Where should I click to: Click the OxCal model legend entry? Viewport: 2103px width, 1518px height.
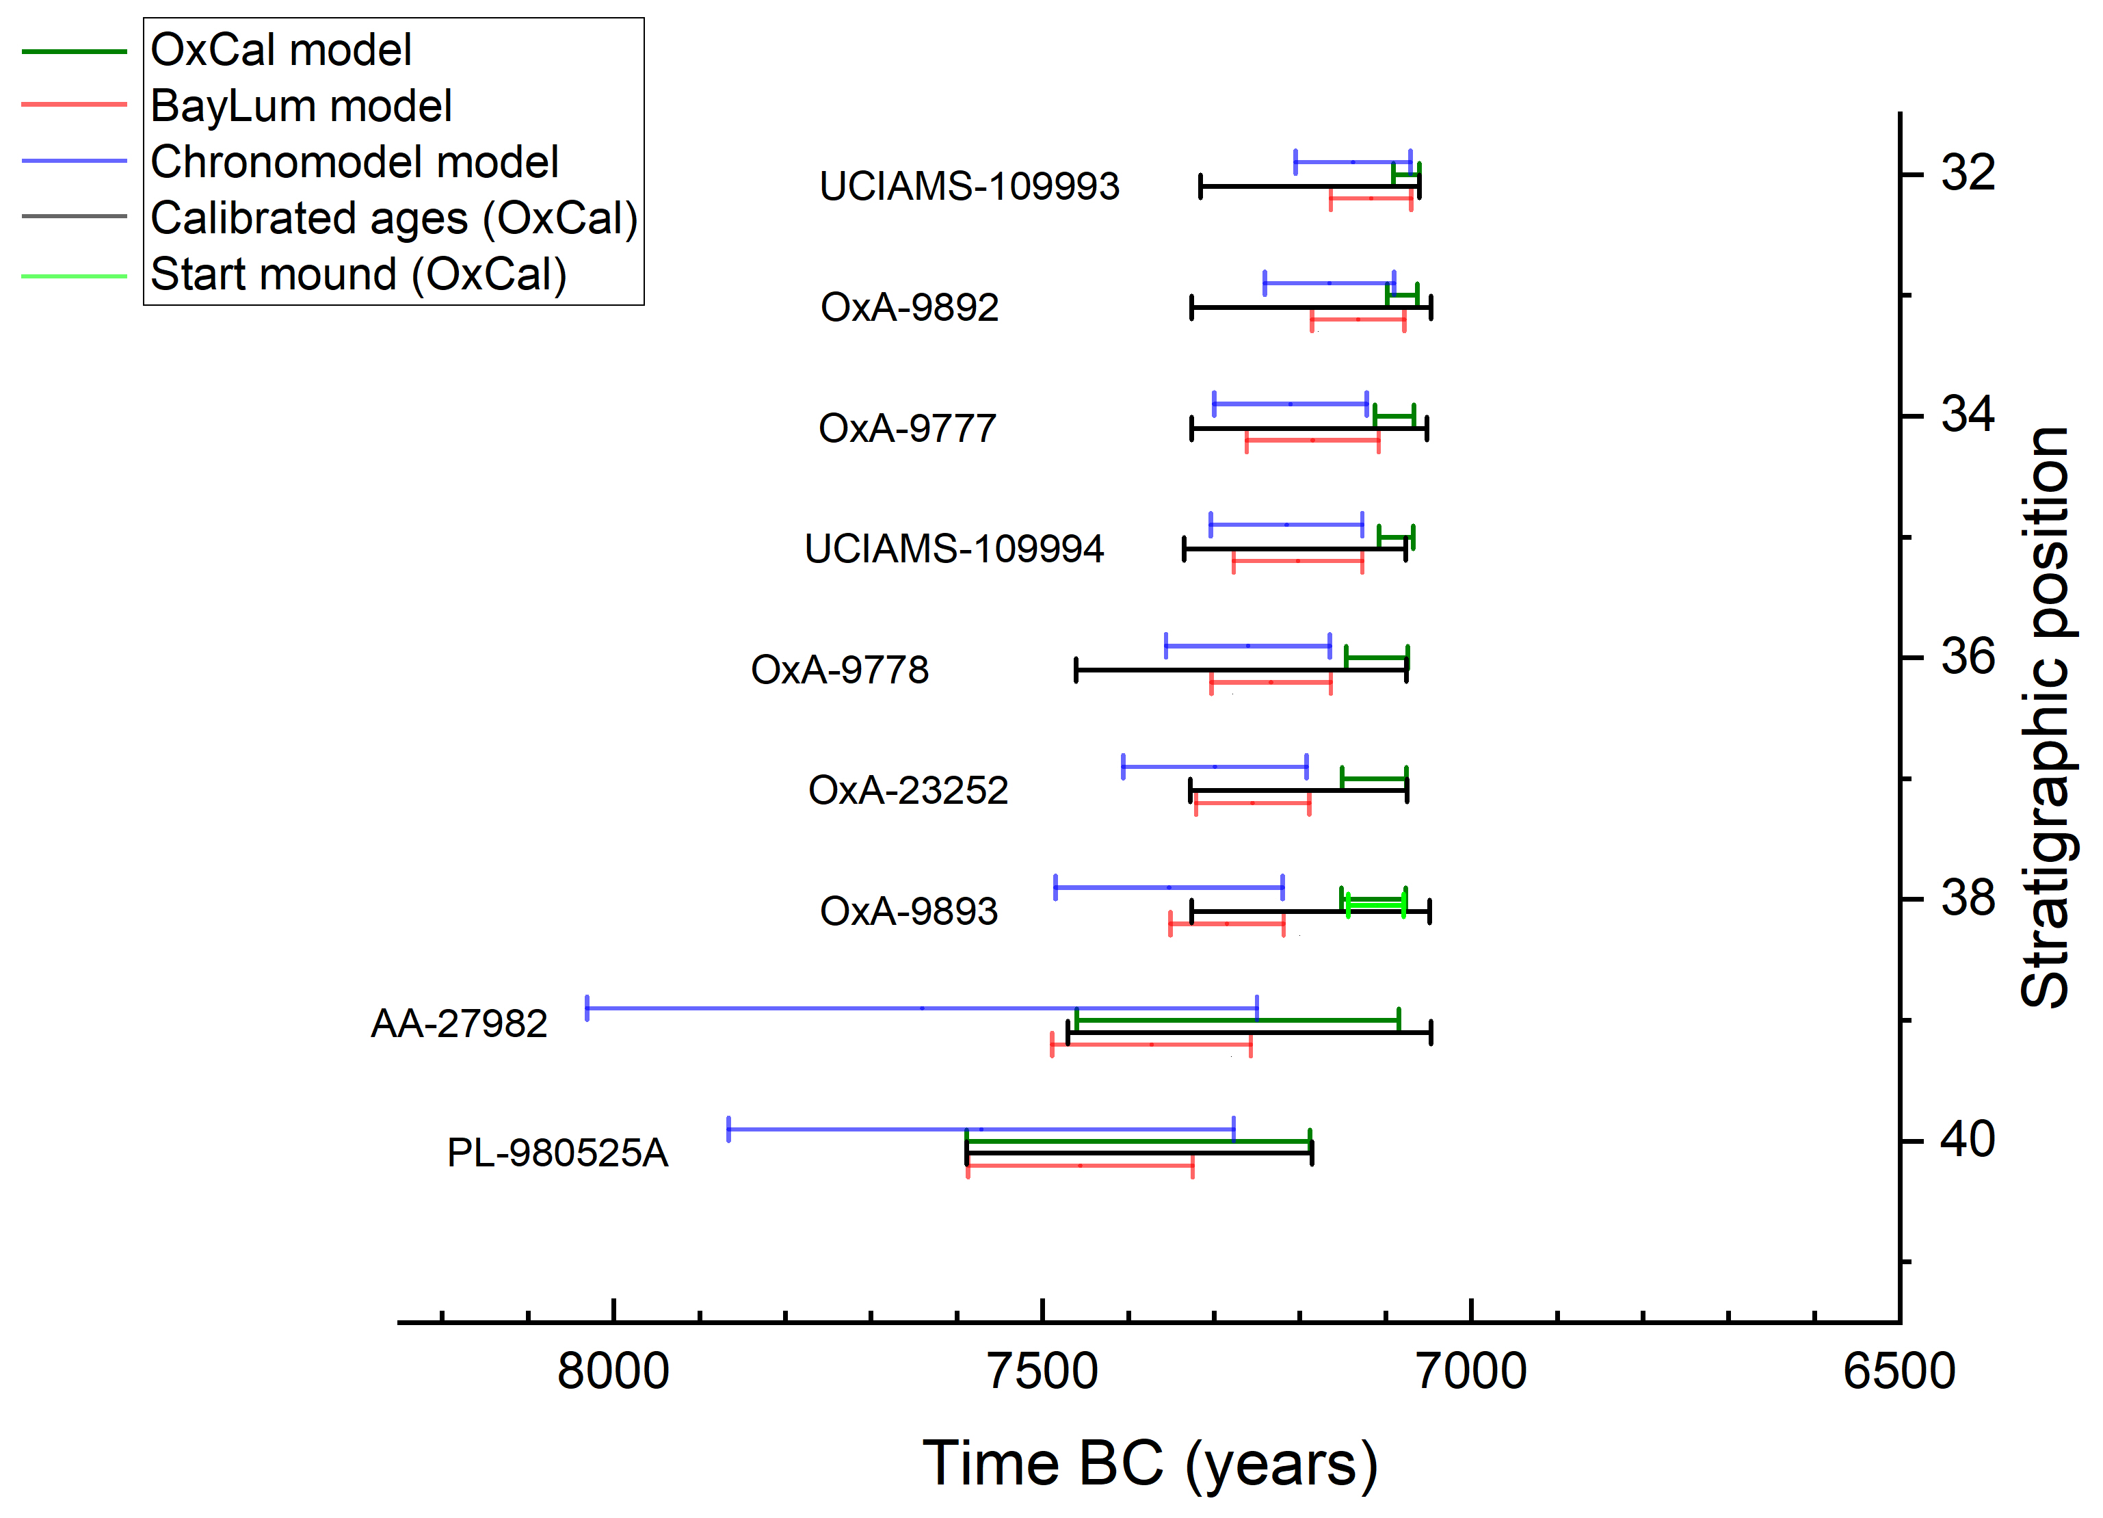coord(280,50)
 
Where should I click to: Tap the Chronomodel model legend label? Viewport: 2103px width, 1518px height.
coord(354,162)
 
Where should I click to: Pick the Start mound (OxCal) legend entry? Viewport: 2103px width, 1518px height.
coord(358,274)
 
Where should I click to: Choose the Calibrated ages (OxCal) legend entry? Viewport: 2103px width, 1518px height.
coord(394,219)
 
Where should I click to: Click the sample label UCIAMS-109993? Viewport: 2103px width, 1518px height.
coord(969,186)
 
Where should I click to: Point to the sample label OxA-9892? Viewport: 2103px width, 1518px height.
coord(909,307)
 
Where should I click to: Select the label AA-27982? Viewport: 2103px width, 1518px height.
coord(459,1024)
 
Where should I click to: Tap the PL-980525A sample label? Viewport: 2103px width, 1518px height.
coord(557,1153)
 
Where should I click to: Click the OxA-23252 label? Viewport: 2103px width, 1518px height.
coord(908,790)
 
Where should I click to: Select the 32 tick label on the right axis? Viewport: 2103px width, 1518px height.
coord(1968,172)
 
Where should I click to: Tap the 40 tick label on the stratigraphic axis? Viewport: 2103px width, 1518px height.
coord(1968,1139)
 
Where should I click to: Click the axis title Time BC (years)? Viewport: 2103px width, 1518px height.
coord(1150,1463)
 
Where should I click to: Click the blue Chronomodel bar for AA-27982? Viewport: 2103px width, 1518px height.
coord(922,1007)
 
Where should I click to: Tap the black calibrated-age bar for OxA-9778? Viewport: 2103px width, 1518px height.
coord(1241,670)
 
